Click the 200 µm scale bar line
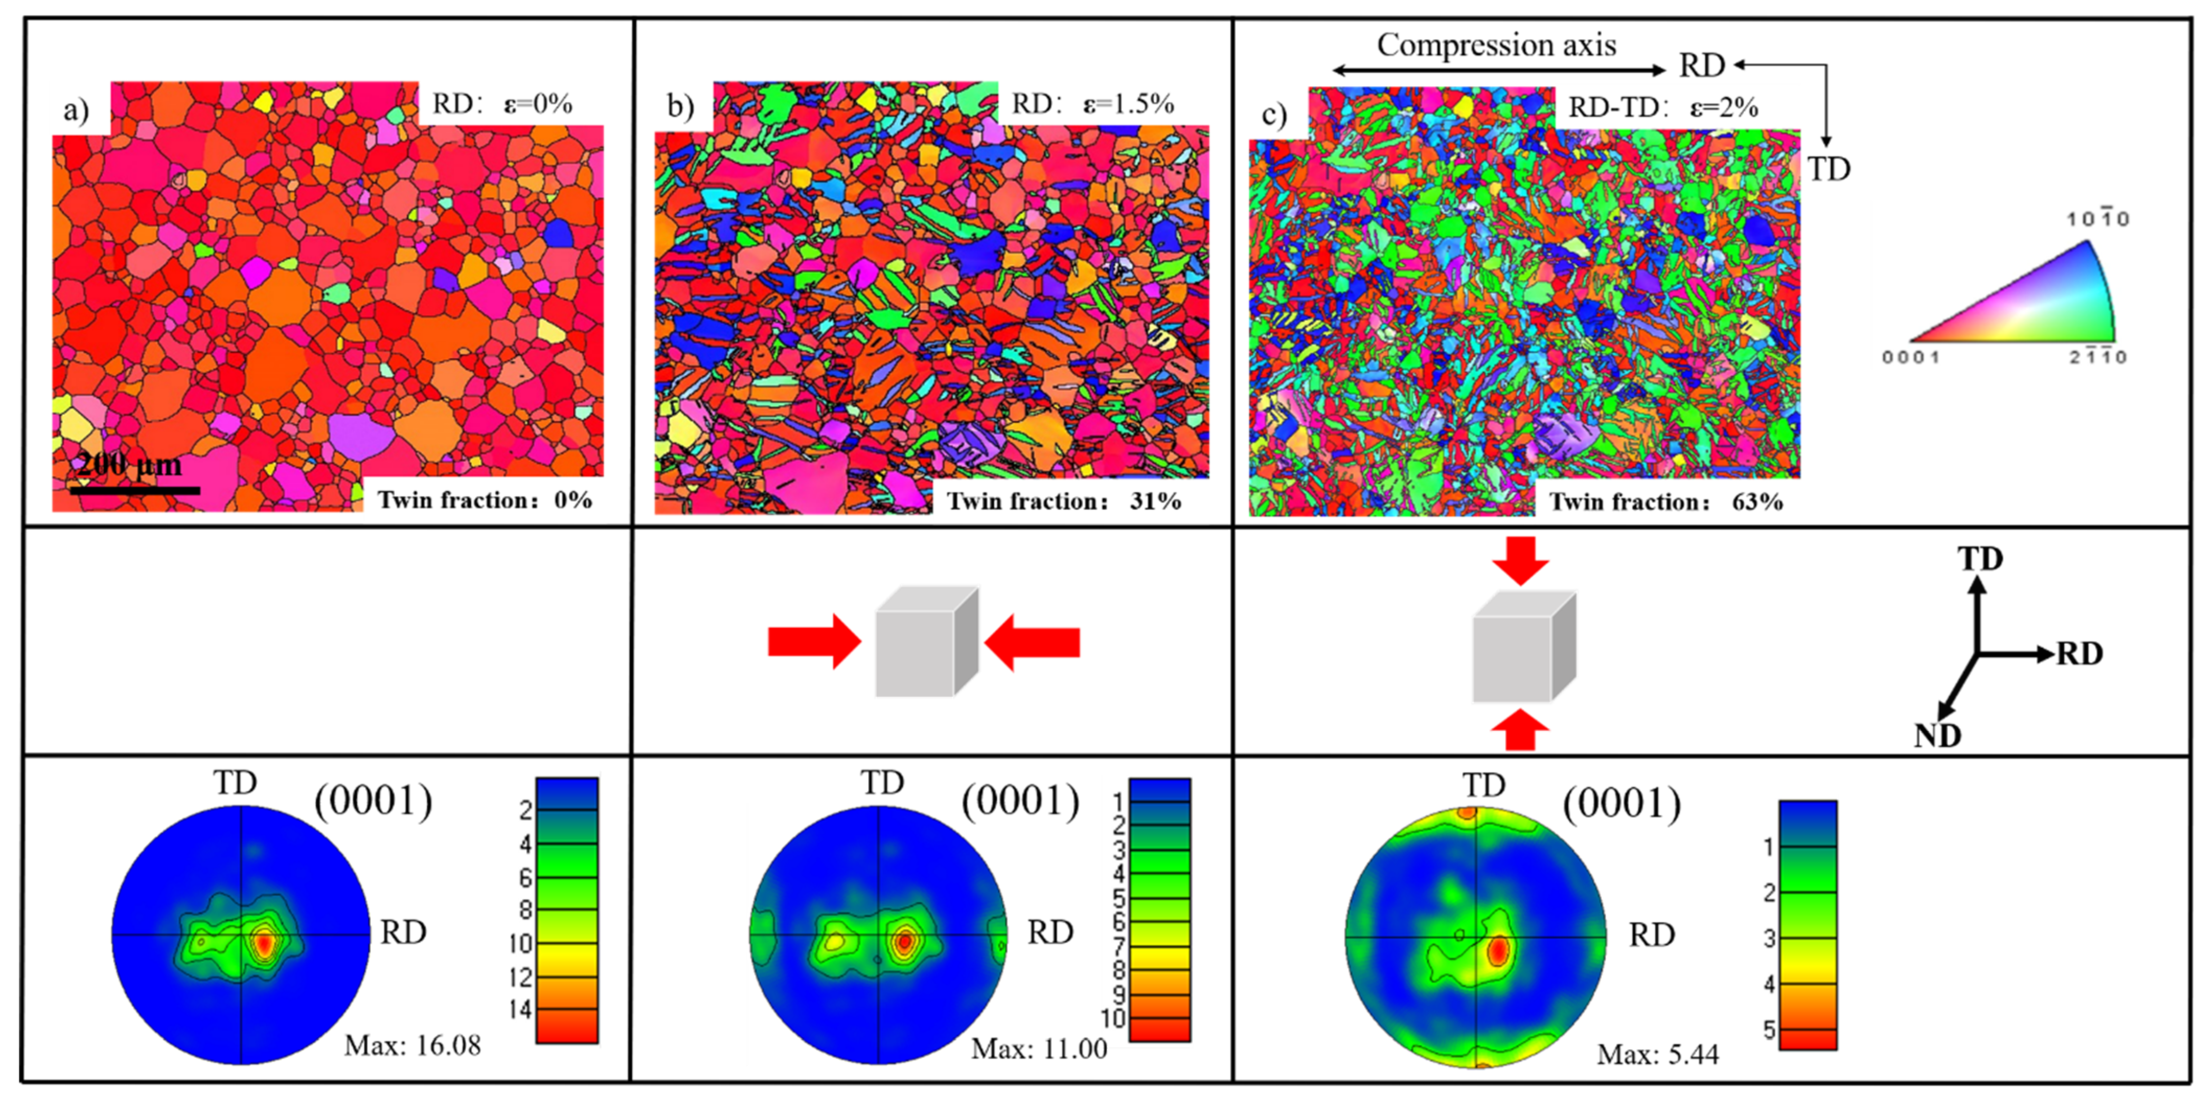pyautogui.click(x=135, y=490)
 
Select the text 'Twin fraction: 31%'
pyautogui.click(x=1063, y=501)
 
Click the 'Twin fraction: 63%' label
pyautogui.click(x=1666, y=501)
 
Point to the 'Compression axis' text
pyautogui.click(x=1496, y=44)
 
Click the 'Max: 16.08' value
pyautogui.click(x=413, y=1045)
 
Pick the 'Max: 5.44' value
pyautogui.click(x=1657, y=1053)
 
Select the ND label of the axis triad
pyautogui.click(x=1937, y=735)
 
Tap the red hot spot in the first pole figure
pyautogui.click(x=264, y=942)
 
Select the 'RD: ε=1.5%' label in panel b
pyautogui.click(x=1092, y=104)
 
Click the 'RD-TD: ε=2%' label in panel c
pyautogui.click(x=1662, y=108)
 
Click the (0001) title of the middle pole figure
pyautogui.click(x=1020, y=801)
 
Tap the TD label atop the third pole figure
pyautogui.click(x=1484, y=784)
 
